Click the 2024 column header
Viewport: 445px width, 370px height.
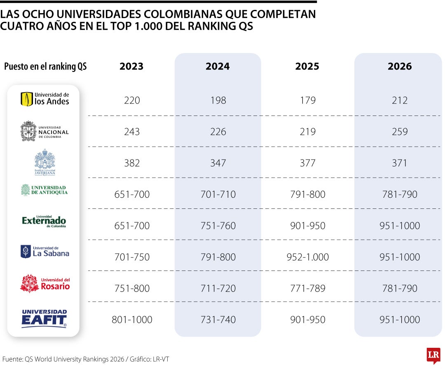[218, 67]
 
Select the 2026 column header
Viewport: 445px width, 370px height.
[399, 67]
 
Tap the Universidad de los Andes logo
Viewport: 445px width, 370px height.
[44, 99]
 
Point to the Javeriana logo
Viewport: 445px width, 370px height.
[44, 162]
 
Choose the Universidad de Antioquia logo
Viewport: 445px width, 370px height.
[44, 190]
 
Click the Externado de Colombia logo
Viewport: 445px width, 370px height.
[44, 222]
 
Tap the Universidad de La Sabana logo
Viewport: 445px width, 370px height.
[44, 252]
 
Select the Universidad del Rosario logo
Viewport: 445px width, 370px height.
[44, 283]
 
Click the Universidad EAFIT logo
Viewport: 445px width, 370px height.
[44, 318]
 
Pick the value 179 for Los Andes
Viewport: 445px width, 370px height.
[308, 100]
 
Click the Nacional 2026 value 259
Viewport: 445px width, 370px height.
[400, 132]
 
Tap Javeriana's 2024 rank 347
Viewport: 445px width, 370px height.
[218, 163]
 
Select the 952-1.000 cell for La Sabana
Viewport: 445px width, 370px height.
[308, 257]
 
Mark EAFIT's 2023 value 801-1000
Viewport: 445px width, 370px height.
[132, 320]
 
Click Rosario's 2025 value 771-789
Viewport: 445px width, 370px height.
[308, 289]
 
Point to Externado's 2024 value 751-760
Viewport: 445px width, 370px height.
[218, 226]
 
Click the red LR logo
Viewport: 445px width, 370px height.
[433, 356]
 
